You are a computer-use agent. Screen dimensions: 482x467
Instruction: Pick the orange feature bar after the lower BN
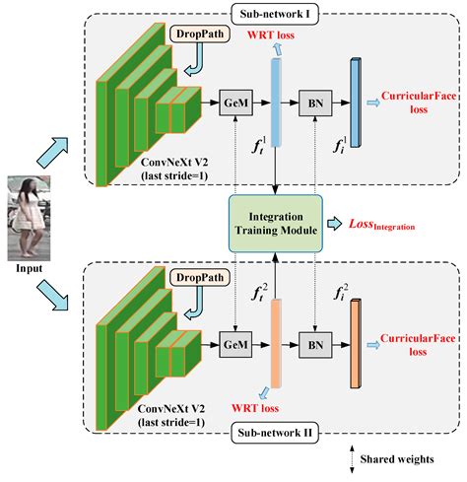pos(355,347)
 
